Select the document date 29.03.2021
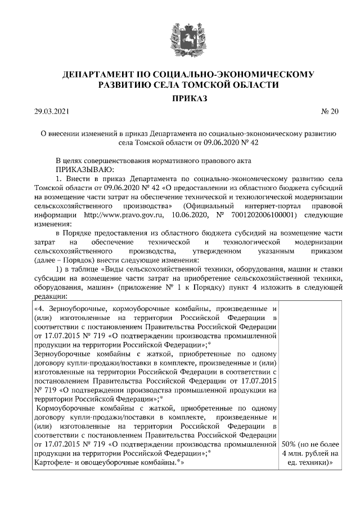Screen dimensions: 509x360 point(51,112)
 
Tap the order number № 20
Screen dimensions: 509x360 point(330,112)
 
